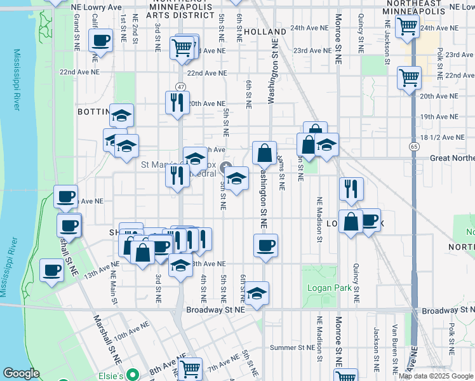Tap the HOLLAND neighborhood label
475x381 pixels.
[x=265, y=32]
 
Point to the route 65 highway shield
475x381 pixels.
[x=413, y=147]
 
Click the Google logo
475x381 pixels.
[x=21, y=373]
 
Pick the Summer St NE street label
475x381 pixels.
[x=292, y=347]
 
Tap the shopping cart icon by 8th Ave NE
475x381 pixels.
[x=190, y=368]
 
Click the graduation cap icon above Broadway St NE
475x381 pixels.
[x=256, y=293]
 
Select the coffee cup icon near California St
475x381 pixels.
[x=101, y=42]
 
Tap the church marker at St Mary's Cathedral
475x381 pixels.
[x=227, y=166]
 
